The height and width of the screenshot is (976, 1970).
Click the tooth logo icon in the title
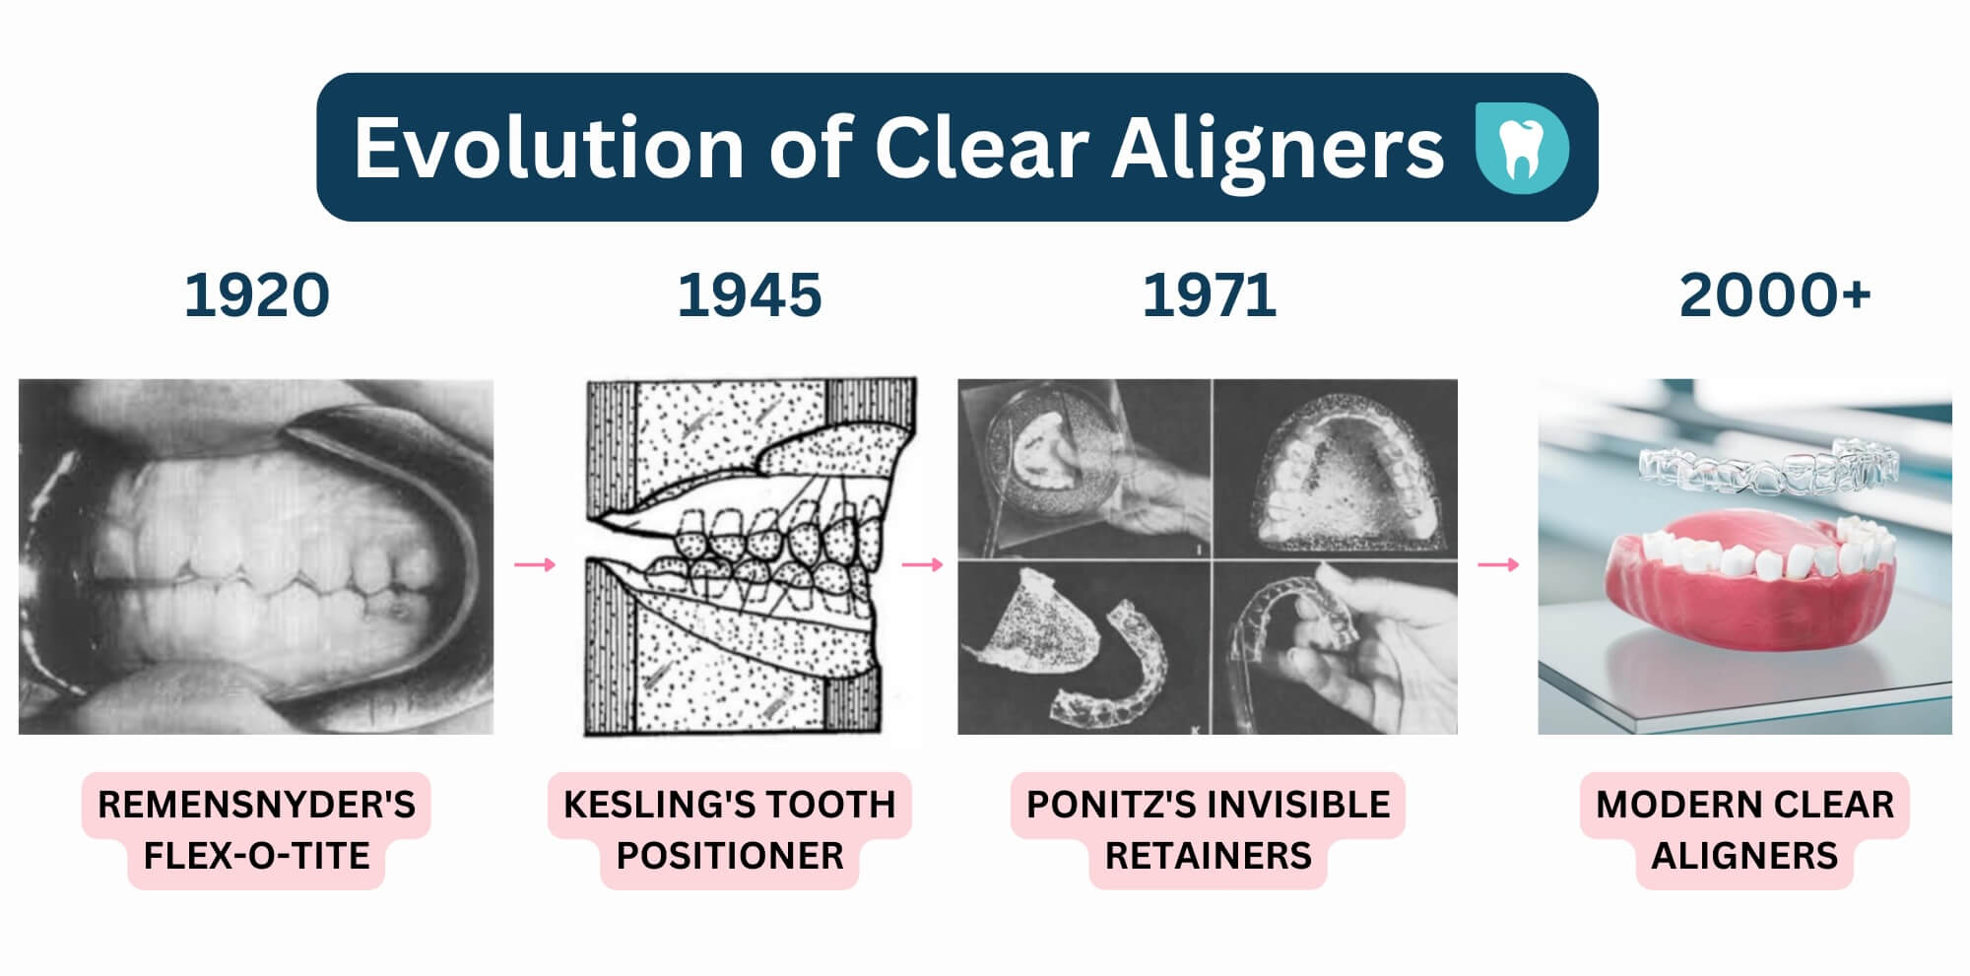(x=1522, y=147)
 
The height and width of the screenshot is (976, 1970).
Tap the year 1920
(x=256, y=295)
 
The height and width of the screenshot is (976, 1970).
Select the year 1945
(x=749, y=295)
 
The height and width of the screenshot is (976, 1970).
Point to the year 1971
(x=1209, y=295)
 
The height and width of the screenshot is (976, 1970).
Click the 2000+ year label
(x=1774, y=295)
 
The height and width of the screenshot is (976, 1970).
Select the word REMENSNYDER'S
(x=256, y=805)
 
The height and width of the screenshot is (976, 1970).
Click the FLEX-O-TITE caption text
(x=256, y=856)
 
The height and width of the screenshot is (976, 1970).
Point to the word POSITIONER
(x=730, y=856)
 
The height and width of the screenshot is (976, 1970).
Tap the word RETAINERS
(x=1209, y=856)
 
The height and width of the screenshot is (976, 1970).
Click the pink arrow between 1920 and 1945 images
(x=535, y=564)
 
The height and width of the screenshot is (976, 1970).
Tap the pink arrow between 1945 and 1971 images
(x=923, y=564)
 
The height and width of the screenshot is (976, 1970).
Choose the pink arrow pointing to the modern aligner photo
(x=1498, y=564)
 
